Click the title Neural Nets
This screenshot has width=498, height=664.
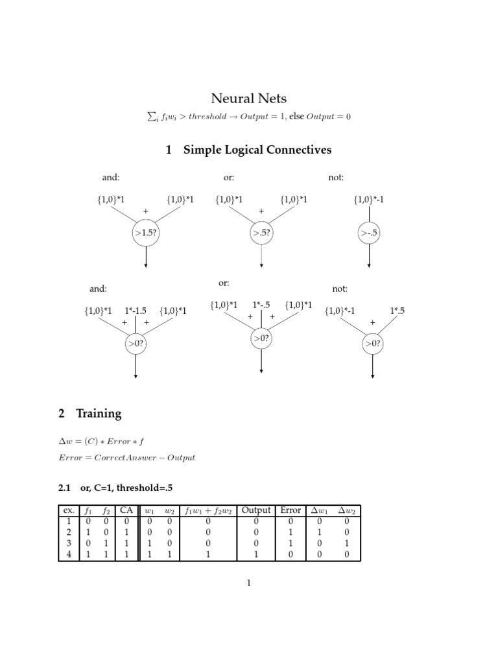(249, 99)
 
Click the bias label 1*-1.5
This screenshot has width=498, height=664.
(136, 311)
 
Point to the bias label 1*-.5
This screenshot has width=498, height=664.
(261, 305)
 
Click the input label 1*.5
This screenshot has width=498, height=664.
(397, 311)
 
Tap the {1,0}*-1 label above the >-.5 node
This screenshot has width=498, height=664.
(369, 200)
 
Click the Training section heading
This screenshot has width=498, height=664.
(99, 413)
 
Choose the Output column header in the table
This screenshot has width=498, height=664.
(255, 510)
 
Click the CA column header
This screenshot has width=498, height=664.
(126, 510)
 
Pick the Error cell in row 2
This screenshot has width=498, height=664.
(290, 532)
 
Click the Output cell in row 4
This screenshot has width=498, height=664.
(255, 554)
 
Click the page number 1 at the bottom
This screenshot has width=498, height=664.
(248, 583)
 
